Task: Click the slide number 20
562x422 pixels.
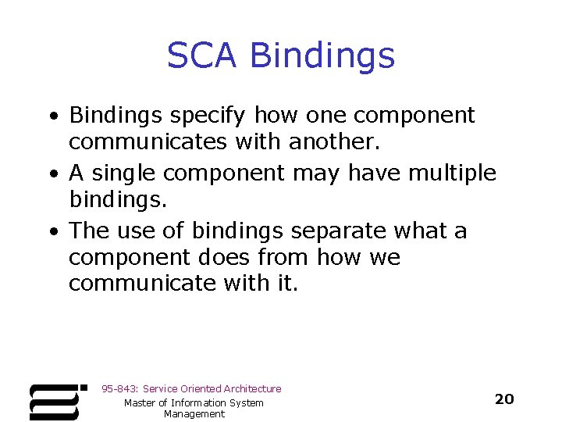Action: [x=504, y=399]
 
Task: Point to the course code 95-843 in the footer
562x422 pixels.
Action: [x=119, y=388]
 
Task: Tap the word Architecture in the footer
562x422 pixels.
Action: [x=252, y=388]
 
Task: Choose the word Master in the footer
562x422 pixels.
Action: [x=140, y=402]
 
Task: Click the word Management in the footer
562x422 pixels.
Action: [x=194, y=414]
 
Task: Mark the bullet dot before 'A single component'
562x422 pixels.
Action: [x=52, y=173]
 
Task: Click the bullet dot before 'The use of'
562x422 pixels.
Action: [x=52, y=231]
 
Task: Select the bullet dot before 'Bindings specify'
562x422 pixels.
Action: [x=52, y=116]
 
